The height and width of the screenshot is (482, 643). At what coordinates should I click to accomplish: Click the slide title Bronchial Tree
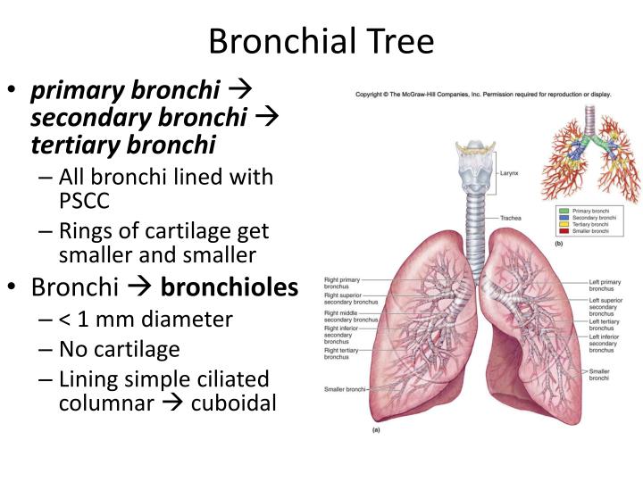tap(321, 41)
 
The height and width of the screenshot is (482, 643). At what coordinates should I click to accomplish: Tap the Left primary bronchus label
tap(605, 287)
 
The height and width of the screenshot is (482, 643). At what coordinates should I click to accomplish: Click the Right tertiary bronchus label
tap(343, 353)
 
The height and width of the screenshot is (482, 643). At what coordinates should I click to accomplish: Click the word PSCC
tap(84, 201)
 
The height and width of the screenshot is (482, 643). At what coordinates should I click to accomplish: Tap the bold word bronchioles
tap(229, 288)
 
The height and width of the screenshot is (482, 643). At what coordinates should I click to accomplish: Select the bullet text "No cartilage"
tap(119, 349)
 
